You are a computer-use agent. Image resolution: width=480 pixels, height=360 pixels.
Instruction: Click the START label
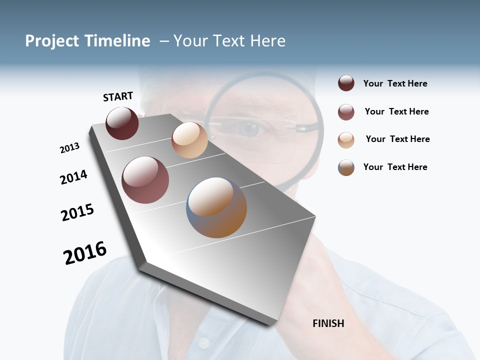coord(118,96)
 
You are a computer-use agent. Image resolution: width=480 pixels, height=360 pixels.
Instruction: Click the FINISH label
coord(328,323)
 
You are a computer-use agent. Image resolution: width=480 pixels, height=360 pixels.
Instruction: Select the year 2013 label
coord(69,148)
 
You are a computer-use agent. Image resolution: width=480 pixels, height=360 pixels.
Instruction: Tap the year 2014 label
coord(73,177)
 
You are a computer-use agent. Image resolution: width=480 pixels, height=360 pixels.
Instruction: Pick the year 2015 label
coord(77,212)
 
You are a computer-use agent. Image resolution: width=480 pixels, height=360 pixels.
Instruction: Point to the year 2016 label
coord(85,253)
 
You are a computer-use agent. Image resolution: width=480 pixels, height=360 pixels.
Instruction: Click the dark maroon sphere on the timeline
coord(122,123)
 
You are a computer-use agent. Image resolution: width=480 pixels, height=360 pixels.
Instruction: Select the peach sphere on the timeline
coord(189,140)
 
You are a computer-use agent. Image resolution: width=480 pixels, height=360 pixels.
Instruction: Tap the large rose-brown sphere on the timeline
coord(145,180)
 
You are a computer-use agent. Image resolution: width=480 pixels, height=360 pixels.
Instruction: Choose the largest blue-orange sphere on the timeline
coord(216,207)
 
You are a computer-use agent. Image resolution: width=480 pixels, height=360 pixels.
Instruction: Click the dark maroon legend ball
coord(346,83)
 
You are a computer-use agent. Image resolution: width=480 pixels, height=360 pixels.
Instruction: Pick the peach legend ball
coord(346,139)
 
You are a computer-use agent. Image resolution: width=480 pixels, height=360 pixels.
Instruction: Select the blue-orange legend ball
coord(346,167)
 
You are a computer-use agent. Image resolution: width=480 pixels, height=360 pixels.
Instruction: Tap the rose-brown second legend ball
coord(346,111)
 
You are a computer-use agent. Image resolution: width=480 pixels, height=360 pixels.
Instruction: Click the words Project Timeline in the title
coord(87,41)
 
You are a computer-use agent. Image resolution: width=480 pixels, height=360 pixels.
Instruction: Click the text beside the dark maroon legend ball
coord(395,83)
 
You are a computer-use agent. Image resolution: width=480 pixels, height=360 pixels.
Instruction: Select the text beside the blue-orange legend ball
coord(395,167)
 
